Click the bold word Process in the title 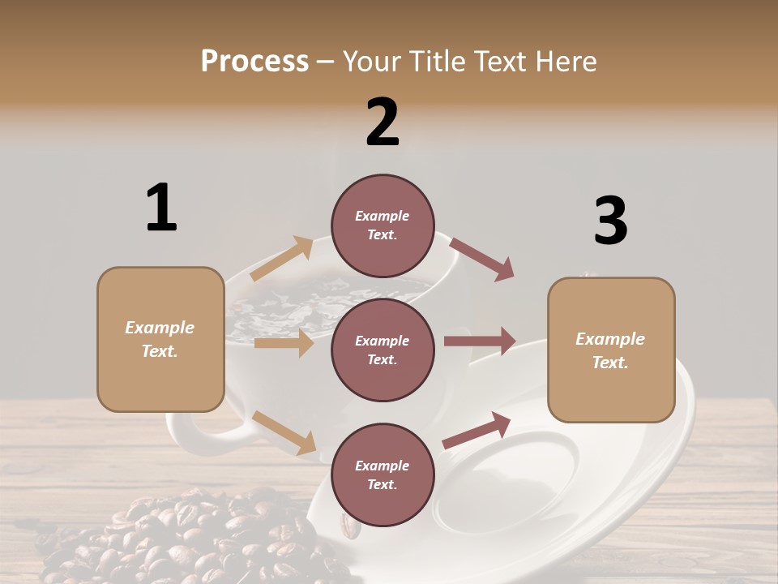(254, 61)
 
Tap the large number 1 (160, 208)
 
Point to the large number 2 (383, 122)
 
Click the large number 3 (610, 221)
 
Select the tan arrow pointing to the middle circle (284, 343)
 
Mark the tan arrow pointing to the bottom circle (284, 432)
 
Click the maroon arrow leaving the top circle (482, 259)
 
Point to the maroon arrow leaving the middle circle (480, 341)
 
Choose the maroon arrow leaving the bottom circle (477, 431)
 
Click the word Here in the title (567, 61)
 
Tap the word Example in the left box (160, 328)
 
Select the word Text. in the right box (610, 363)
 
